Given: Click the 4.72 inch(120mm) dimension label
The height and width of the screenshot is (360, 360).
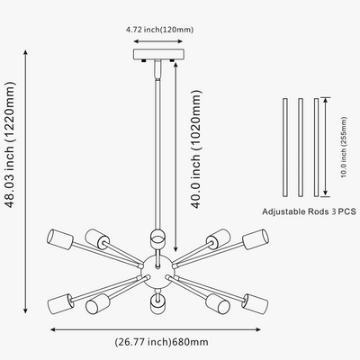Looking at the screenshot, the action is pos(159,30).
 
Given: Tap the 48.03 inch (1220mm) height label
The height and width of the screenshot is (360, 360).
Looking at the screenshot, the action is pos(10,145).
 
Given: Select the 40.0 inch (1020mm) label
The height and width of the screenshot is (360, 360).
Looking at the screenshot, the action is pos(196,148).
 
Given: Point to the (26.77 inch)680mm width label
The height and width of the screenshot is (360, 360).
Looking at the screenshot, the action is pos(161,342).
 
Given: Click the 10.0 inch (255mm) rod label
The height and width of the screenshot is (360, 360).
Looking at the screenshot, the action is pos(344,147).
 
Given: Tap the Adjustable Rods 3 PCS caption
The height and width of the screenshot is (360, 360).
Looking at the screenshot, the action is pos(310,211).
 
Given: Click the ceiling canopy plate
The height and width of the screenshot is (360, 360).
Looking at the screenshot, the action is pos(158,54).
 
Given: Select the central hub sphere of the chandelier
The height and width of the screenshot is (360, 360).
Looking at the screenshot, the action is pos(157,272).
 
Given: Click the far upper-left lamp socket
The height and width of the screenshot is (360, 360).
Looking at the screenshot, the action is pos(60,239).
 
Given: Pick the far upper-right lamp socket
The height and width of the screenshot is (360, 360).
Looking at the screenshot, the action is pos(255,239).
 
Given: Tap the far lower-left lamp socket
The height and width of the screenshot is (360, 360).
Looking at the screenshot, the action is pos(60,304).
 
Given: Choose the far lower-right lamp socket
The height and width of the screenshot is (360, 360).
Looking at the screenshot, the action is pos(256,303).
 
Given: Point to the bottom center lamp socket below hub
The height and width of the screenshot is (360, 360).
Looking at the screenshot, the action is pos(157,304).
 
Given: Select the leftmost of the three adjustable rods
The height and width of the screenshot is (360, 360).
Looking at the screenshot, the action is pos(285,148).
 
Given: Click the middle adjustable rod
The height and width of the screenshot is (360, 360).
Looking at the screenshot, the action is pos(301,148).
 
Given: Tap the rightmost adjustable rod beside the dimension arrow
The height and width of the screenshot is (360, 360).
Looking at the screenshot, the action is pos(316,148).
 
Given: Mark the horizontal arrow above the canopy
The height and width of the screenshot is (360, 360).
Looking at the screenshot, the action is pos(158,41).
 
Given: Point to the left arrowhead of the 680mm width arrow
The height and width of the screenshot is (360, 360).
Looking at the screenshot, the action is pos(53,329).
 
